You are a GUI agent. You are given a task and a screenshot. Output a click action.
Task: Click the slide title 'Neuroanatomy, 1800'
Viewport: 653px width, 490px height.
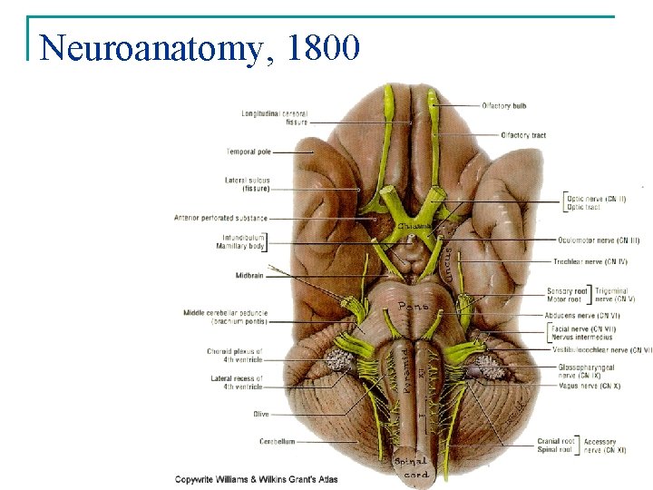[x=200, y=46]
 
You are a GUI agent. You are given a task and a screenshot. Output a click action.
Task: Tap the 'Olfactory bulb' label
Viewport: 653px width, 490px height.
[x=504, y=106]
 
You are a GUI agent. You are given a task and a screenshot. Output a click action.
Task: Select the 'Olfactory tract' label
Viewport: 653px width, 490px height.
[x=523, y=135]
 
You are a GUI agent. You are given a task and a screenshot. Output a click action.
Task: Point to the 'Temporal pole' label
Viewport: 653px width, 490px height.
[x=249, y=152]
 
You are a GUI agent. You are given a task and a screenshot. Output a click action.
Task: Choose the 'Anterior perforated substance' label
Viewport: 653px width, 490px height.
[x=220, y=217]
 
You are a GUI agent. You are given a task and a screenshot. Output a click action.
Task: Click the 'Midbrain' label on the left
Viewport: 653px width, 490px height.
[x=249, y=275]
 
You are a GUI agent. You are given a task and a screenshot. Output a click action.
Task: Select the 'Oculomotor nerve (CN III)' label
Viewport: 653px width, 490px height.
[x=601, y=240]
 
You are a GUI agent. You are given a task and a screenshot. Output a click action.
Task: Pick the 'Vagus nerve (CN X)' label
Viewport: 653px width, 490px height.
[x=590, y=386]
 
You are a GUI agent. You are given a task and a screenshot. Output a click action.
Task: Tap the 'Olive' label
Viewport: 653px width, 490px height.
[x=260, y=415]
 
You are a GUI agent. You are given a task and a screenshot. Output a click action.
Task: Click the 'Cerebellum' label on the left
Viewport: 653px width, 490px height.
[x=277, y=442]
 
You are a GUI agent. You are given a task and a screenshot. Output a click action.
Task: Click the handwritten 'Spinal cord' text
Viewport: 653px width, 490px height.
[x=412, y=467]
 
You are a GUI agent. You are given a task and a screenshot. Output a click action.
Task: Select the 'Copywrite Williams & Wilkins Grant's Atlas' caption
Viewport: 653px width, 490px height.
[x=256, y=478]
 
